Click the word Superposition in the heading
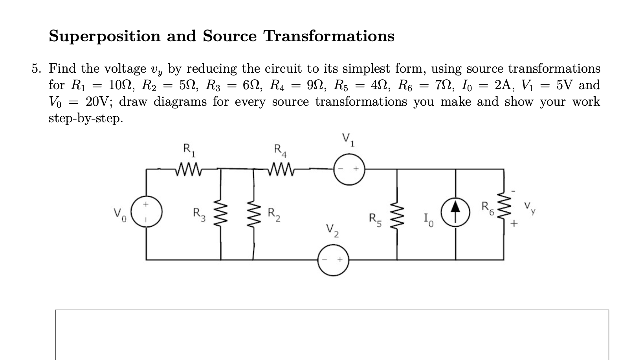105,37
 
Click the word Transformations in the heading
328,36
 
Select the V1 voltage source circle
349,169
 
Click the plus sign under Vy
515,224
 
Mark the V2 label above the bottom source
332,230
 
